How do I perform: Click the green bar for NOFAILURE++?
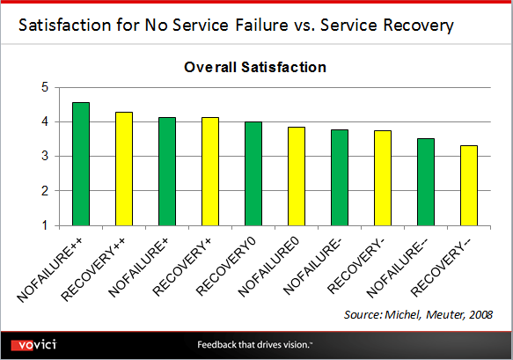[x=80, y=164]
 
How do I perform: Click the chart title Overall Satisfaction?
[x=255, y=67]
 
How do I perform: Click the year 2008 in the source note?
[x=477, y=314]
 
